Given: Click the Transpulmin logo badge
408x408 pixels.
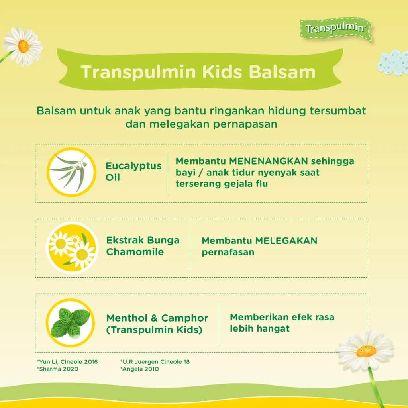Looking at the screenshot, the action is (x=335, y=29).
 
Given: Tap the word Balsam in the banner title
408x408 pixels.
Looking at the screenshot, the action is (x=282, y=72).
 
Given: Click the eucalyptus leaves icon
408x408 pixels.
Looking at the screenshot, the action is (x=71, y=172).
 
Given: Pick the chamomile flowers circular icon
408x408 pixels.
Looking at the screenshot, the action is (x=72, y=248).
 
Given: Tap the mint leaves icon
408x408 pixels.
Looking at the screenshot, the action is (x=70, y=323).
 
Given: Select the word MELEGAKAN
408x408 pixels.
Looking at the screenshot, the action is (x=286, y=241).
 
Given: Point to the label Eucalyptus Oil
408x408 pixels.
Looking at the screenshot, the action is (x=133, y=171).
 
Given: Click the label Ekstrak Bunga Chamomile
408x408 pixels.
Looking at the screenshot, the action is (x=143, y=246).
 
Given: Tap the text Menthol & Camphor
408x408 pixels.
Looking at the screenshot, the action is (x=157, y=318).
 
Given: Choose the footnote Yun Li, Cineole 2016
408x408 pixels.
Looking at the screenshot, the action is (x=67, y=362).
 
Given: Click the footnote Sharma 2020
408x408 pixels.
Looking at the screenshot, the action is (x=57, y=369).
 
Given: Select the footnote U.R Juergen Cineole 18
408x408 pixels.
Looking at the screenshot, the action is (x=155, y=362).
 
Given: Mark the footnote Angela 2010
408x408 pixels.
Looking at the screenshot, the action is (x=139, y=369).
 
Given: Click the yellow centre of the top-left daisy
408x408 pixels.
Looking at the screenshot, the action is (x=24, y=46).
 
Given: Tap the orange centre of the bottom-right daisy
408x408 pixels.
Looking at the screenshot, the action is (x=367, y=351).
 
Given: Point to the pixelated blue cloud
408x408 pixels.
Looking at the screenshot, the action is (x=393, y=63).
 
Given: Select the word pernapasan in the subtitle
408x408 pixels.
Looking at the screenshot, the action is (x=245, y=124).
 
